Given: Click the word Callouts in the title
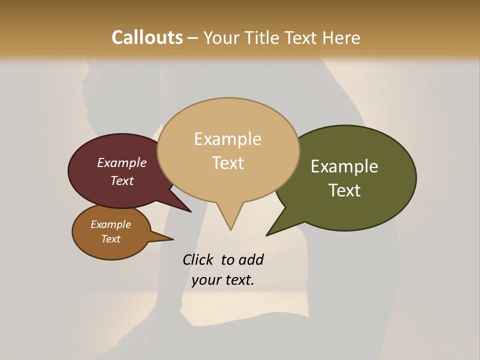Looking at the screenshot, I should pyautogui.click(x=147, y=37).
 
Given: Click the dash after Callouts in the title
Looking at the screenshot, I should pyautogui.click(x=193, y=37).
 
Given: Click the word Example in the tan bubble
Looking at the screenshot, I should pyautogui.click(x=227, y=139).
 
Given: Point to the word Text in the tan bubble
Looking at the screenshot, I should pyautogui.click(x=227, y=163).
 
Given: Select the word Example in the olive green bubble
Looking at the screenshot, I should pyautogui.click(x=344, y=166).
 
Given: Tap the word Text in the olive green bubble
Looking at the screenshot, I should pyautogui.click(x=344, y=190).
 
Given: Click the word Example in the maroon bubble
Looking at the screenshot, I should pyautogui.click(x=122, y=162).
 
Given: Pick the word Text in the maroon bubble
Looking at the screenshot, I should pyautogui.click(x=122, y=180).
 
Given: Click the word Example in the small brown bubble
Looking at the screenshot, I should pyautogui.click(x=110, y=224).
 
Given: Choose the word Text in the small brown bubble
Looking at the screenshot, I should pyautogui.click(x=110, y=239).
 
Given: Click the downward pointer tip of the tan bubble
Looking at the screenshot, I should pyautogui.click(x=230, y=230).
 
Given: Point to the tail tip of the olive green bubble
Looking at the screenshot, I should pyautogui.click(x=267, y=235).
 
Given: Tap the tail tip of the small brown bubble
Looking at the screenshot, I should pyautogui.click(x=173, y=238).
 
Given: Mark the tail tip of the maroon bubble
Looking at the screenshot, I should pyautogui.click(x=190, y=211).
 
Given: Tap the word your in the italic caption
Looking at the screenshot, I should pyautogui.click(x=205, y=280).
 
